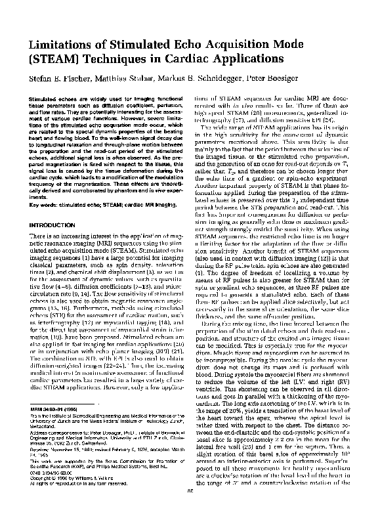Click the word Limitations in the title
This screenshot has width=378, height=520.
pyautogui.click(x=60, y=43)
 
